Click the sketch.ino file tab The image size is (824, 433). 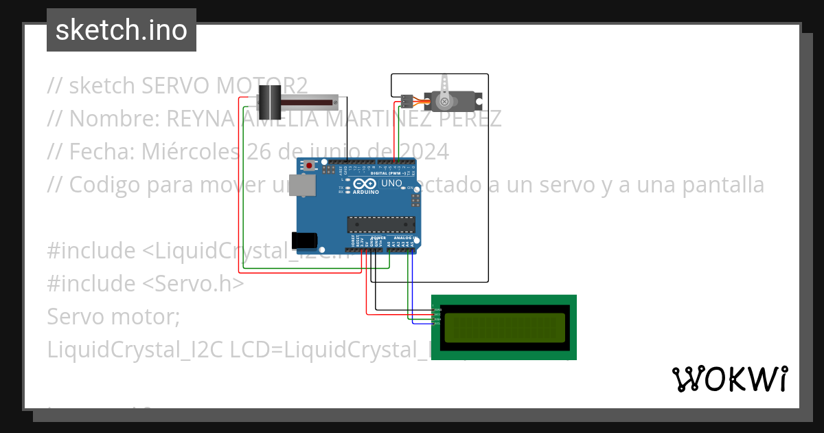click(x=122, y=30)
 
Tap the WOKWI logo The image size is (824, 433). click(x=729, y=379)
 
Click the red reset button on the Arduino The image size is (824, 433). click(x=310, y=166)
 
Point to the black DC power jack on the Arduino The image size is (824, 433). click(x=304, y=240)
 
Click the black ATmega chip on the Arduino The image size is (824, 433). click(x=381, y=224)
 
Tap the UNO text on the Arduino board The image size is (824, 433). click(x=391, y=184)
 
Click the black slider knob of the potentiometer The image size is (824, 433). click(x=269, y=102)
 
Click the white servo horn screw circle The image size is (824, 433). click(x=444, y=102)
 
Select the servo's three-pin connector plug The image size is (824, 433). click(x=407, y=102)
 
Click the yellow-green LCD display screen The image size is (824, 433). click(x=505, y=327)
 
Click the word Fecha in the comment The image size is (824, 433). click(x=97, y=151)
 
